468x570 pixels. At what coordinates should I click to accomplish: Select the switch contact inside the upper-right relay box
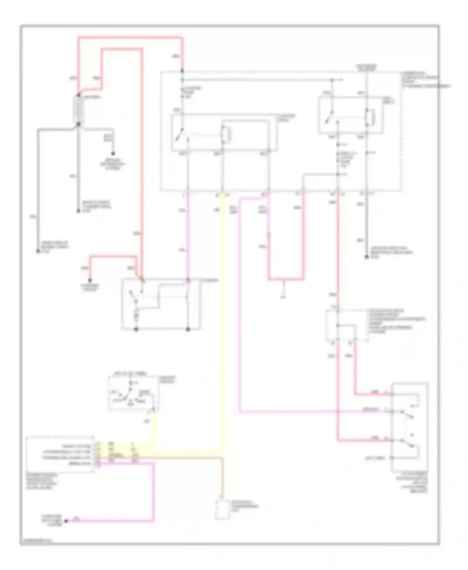328,118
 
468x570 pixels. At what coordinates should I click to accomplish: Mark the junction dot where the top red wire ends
182,71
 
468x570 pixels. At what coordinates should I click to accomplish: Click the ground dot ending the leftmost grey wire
38,251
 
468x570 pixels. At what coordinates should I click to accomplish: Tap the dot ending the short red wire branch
90,280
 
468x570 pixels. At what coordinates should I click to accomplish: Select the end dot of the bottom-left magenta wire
66,521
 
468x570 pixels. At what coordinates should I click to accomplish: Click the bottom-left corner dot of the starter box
136,329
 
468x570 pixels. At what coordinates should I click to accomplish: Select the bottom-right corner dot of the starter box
188,329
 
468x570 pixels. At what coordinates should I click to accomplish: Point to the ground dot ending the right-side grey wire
367,257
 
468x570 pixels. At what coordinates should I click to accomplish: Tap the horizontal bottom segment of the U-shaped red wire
286,279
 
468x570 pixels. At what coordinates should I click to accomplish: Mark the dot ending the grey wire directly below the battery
79,211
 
